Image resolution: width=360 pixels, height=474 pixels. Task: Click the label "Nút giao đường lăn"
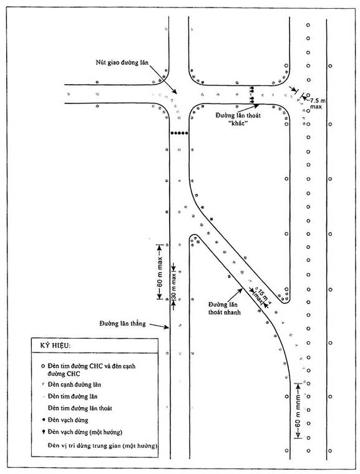[122, 63]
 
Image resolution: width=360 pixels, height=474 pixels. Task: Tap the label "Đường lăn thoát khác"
[238, 119]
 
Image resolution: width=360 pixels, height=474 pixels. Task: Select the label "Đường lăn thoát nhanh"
[224, 308]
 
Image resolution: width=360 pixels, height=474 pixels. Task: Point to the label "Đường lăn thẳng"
[122, 324]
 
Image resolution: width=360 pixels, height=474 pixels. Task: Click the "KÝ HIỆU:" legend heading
[56, 346]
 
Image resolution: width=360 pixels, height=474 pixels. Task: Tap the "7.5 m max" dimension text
[317, 104]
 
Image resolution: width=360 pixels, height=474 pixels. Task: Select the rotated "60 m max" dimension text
[160, 272]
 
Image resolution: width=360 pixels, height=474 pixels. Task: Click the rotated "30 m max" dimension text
[173, 286]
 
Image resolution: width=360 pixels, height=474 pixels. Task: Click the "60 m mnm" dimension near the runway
[298, 410]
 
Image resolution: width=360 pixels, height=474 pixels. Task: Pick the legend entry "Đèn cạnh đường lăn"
[74, 385]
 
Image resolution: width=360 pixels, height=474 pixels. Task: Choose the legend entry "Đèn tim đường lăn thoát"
[80, 408]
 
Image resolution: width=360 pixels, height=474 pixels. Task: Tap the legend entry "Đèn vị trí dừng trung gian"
[102, 445]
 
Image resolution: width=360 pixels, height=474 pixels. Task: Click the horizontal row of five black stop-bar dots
[180, 133]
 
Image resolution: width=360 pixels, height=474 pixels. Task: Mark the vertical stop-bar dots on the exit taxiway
[251, 95]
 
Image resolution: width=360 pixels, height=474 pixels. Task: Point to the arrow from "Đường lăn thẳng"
[159, 326]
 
